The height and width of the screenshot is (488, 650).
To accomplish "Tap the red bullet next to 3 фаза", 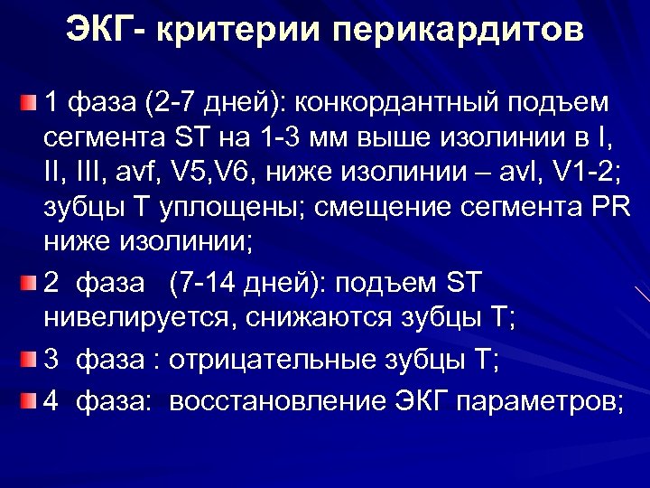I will coord(31,361).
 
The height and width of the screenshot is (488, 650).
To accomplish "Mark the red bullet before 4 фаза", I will coord(31,399).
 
